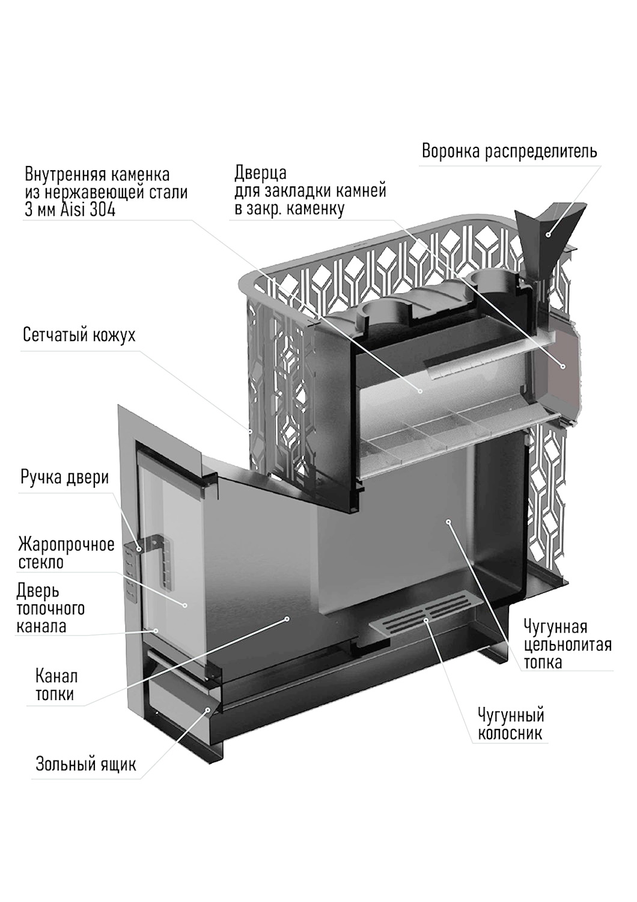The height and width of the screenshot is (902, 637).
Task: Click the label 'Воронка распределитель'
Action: tap(509, 151)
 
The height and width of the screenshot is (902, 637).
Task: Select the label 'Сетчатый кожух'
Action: tap(79, 335)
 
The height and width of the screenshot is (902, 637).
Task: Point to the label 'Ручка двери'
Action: tap(64, 477)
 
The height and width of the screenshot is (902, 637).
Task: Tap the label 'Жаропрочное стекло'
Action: tap(66, 553)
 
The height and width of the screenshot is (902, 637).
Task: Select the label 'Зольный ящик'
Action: tap(86, 764)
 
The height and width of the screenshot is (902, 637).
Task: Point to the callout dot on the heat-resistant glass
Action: tap(185, 605)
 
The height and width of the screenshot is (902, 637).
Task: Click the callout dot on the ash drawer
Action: tap(209, 710)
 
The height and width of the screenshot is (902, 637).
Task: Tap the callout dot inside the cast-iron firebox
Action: tap(448, 522)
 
